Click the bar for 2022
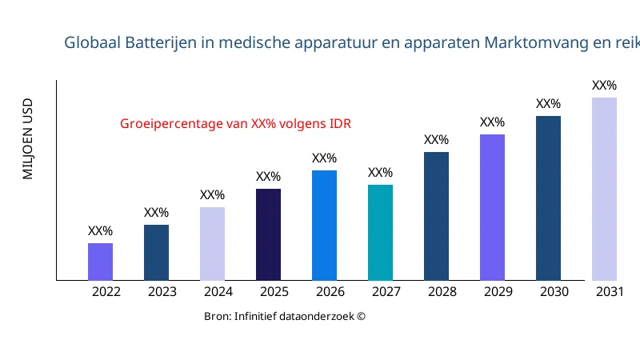pos(100,262)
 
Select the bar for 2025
pos(268,234)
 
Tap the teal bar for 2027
pos(380,232)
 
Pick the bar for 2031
pos(604,189)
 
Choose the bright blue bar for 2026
pos(324,225)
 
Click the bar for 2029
pos(492,207)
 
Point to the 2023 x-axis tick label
pos(162,292)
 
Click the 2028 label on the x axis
pos(442,292)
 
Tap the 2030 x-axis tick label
pos(554,292)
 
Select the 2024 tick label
pos(218,292)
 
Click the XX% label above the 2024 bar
pos(212,195)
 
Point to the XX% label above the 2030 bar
pos(548,104)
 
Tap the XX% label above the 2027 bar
pos(380,173)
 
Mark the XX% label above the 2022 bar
pos(100,231)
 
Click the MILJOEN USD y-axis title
pos(28,138)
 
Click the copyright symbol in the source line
pos(361,317)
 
